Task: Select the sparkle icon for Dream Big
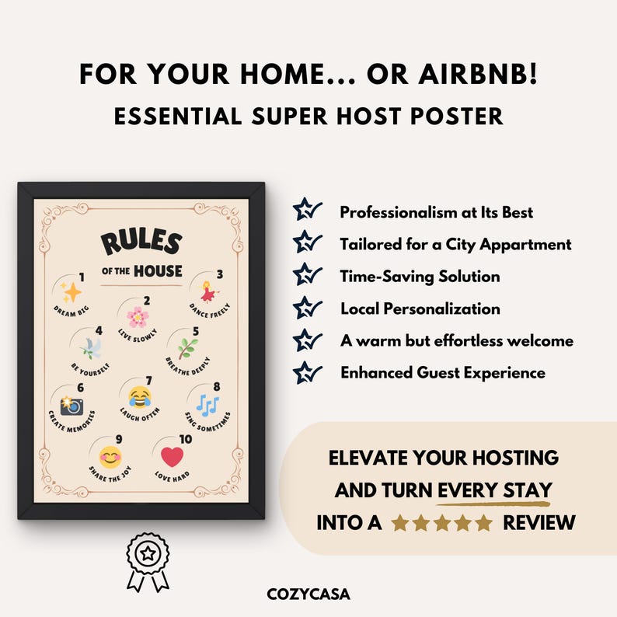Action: point(71,292)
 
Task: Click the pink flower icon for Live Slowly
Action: point(138,317)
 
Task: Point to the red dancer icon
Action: point(207,292)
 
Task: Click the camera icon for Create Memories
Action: point(72,404)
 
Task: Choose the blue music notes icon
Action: point(207,404)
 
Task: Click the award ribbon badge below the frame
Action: point(147,557)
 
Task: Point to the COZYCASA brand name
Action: point(308,594)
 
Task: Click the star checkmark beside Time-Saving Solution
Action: point(308,275)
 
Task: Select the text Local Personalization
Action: point(420,308)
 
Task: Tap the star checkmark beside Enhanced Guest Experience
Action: point(308,372)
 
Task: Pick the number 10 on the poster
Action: point(184,439)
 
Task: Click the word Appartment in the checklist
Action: point(529,244)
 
